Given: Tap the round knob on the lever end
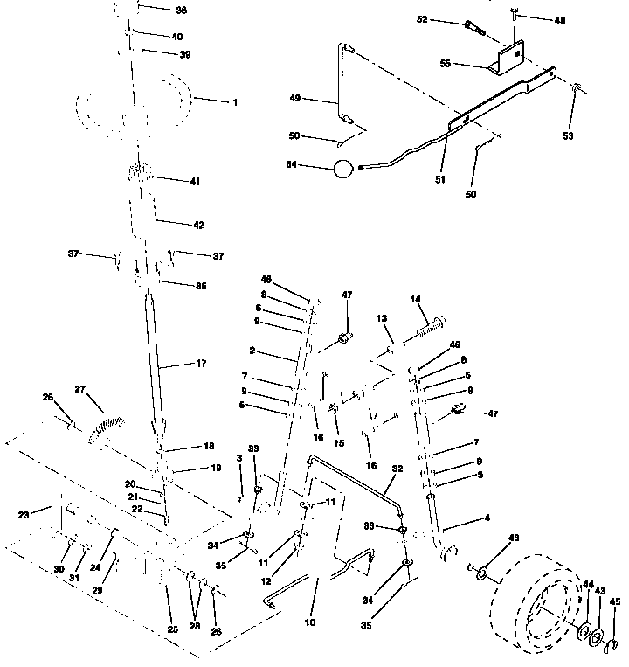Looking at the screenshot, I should click(343, 168).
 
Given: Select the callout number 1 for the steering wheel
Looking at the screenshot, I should click(234, 102).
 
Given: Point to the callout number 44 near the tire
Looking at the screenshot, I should click(587, 584).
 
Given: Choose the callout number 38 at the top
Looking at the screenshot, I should click(181, 10).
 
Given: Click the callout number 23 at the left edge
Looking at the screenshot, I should click(24, 514).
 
